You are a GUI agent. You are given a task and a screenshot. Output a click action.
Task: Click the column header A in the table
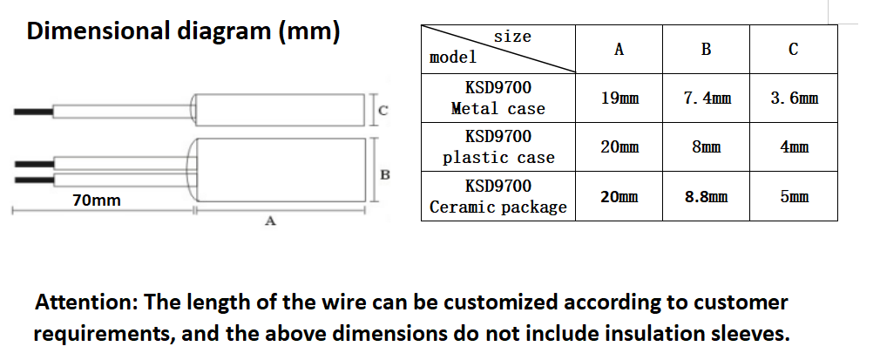click(x=619, y=50)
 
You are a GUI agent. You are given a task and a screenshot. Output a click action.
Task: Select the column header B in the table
click(x=706, y=50)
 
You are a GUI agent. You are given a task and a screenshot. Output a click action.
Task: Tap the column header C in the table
click(x=793, y=50)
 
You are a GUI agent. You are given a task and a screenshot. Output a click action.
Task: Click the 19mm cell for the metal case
click(x=619, y=98)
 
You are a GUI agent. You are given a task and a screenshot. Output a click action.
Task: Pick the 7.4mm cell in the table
click(x=707, y=98)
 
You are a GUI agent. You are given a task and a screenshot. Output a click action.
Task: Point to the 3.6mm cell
click(x=794, y=98)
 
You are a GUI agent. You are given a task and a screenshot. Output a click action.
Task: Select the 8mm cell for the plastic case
click(x=706, y=147)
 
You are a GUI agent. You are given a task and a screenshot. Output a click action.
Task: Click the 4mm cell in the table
click(x=794, y=147)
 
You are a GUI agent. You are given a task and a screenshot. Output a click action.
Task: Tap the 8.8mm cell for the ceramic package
click(x=706, y=197)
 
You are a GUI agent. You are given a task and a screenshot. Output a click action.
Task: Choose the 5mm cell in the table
click(x=794, y=197)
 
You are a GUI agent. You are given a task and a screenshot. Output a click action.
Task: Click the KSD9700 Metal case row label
click(x=498, y=98)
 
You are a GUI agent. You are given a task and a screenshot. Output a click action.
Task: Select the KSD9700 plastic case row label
click(x=498, y=147)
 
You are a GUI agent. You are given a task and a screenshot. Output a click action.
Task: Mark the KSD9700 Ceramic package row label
click(x=498, y=197)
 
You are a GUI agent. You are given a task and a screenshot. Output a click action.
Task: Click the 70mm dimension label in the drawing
click(x=97, y=200)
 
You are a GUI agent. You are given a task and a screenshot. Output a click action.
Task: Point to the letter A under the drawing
click(x=269, y=223)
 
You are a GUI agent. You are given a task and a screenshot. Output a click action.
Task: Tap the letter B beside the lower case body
click(x=384, y=174)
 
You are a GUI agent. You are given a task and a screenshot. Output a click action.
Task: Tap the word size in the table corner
click(x=511, y=37)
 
